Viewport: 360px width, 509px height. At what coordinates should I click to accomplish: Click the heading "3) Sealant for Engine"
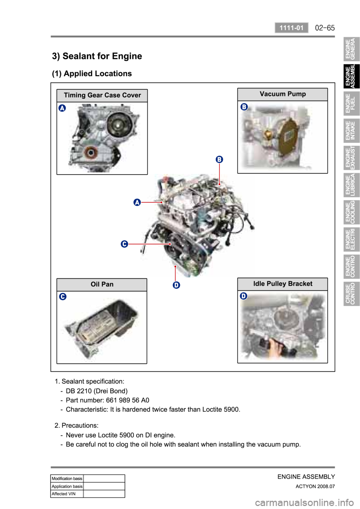(x=97, y=56)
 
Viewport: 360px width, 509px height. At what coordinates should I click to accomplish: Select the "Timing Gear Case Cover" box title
(x=102, y=95)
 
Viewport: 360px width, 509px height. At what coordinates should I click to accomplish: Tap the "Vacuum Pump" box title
(x=282, y=94)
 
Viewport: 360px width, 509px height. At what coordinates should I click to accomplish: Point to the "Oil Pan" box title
(x=102, y=284)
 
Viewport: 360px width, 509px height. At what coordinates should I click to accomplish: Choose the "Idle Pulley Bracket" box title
(x=282, y=284)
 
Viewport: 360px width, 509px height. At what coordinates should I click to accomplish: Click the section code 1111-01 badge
(x=291, y=28)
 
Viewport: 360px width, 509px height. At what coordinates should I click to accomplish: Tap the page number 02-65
(x=325, y=28)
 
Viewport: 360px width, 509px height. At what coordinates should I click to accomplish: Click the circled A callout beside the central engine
(x=137, y=202)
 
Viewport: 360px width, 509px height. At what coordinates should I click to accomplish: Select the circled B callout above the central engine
(x=219, y=159)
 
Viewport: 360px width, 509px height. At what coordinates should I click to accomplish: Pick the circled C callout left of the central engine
(x=124, y=244)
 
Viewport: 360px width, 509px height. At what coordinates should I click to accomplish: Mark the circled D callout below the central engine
(x=176, y=285)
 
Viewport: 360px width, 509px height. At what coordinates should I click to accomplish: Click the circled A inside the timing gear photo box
(x=62, y=108)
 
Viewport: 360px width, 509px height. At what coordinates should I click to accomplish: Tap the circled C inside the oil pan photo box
(x=63, y=296)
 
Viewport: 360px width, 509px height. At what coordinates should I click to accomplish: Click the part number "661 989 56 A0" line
(x=108, y=400)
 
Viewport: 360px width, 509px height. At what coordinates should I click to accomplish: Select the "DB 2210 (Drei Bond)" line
(x=97, y=391)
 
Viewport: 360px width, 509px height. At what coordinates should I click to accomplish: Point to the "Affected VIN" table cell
(x=67, y=494)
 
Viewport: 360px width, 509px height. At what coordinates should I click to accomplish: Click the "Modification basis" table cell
(x=67, y=479)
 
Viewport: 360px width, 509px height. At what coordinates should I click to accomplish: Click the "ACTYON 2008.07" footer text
(x=315, y=487)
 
